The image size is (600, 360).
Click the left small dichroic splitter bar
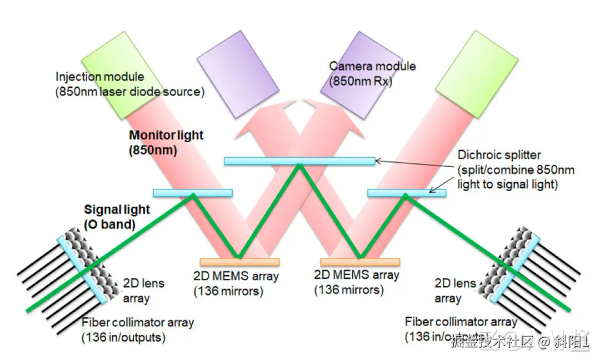192,193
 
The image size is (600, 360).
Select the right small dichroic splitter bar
407,193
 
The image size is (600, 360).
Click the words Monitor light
166,135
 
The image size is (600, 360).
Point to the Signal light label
117,209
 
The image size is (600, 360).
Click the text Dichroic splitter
498,155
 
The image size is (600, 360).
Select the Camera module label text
372,66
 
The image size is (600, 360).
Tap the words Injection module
100,77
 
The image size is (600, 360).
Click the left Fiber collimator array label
138,322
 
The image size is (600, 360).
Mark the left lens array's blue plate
83,269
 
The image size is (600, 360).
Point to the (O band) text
110,224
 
